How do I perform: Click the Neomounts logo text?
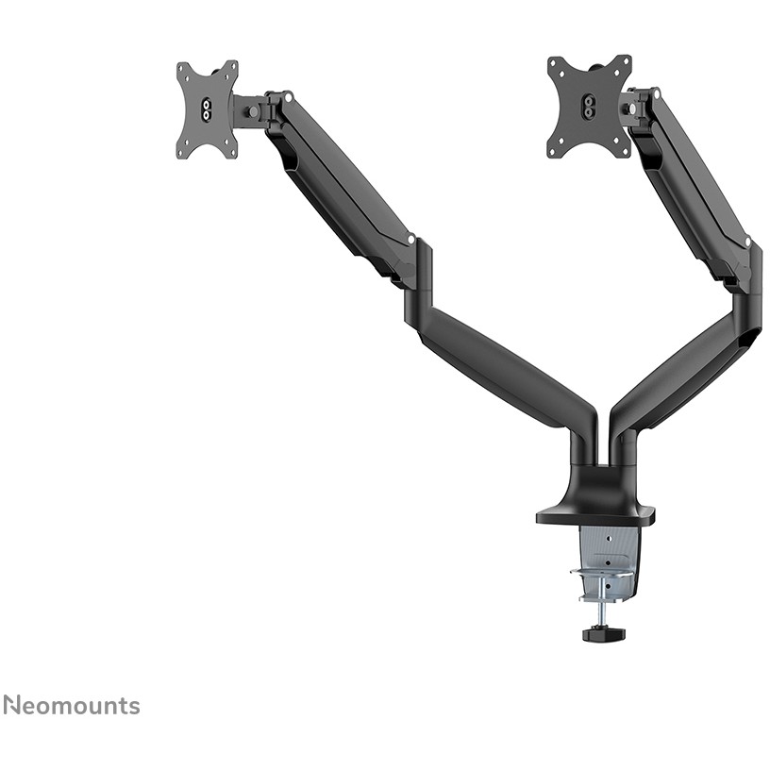pos(72,706)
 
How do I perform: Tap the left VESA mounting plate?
pos(208,110)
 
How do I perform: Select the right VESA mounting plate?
pos(589,107)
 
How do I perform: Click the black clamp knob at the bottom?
pos(595,633)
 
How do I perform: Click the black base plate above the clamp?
pos(595,517)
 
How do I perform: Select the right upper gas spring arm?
pos(693,182)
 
